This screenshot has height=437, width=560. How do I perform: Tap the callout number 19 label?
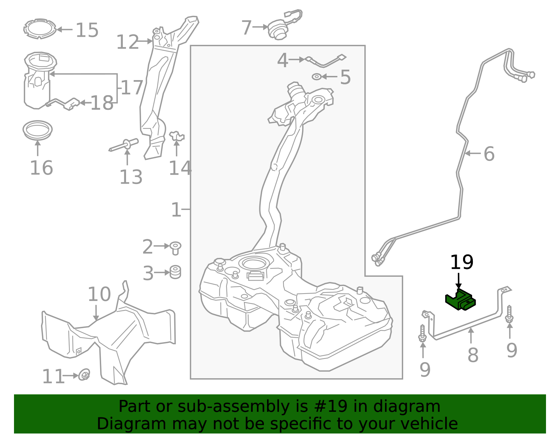[x=462, y=262]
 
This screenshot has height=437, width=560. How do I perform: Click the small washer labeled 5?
[x=316, y=77]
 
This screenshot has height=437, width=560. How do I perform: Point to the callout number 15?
[x=87, y=30]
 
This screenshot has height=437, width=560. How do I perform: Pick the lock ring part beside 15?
[x=40, y=29]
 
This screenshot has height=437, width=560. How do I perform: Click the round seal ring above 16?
[x=37, y=129]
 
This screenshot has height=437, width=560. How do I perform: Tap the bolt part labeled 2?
[x=175, y=248]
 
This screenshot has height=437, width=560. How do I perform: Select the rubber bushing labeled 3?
[x=175, y=272]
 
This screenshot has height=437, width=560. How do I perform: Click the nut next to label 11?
[x=84, y=375]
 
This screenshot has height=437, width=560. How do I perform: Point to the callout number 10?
[x=99, y=295]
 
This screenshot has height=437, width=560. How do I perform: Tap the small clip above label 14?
[x=176, y=136]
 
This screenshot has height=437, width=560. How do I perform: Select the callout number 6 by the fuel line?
[x=489, y=154]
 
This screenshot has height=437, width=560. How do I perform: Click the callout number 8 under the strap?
[x=473, y=355]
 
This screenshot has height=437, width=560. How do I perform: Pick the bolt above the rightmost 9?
[x=509, y=314]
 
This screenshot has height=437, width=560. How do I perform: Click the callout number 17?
[x=132, y=88]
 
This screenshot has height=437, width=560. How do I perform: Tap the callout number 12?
[x=127, y=42]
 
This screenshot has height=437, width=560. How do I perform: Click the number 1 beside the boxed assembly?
[x=176, y=210]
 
